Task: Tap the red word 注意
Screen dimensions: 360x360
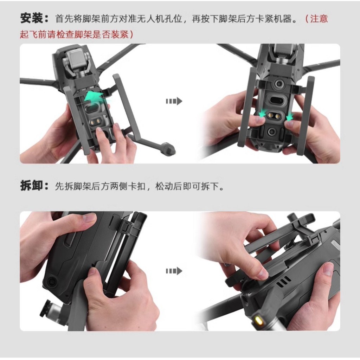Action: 319,19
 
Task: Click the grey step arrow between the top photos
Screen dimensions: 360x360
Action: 174,101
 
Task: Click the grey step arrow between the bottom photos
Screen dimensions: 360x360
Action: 174,271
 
